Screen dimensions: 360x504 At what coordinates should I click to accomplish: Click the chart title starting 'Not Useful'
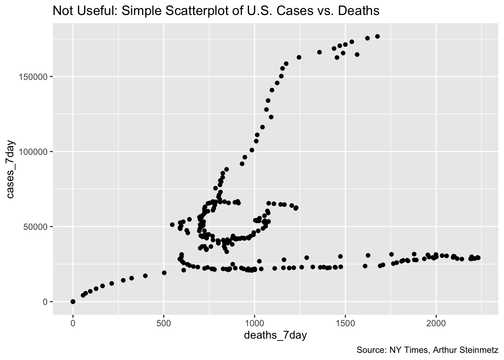(216, 11)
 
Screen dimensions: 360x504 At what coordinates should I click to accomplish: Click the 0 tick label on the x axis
(73, 323)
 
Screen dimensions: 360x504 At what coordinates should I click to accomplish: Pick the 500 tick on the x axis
(163, 323)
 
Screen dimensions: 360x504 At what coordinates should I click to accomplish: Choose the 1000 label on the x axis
(254, 323)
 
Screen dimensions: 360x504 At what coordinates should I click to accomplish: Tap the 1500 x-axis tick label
(345, 323)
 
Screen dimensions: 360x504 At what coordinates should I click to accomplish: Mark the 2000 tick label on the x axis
(436, 323)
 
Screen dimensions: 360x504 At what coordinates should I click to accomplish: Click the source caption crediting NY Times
(427, 350)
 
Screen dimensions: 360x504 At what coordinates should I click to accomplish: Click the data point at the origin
(73, 301)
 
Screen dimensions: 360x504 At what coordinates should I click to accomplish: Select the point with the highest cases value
(377, 36)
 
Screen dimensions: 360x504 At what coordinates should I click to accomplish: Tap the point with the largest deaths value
(478, 258)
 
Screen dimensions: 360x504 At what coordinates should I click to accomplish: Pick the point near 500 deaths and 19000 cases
(164, 273)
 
